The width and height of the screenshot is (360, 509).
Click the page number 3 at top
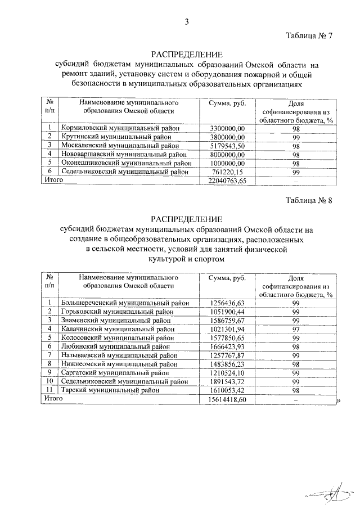point(186,22)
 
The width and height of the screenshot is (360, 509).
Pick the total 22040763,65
point(227,181)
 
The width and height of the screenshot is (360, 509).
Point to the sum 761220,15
point(227,172)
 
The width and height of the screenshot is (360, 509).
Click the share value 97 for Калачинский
point(295,329)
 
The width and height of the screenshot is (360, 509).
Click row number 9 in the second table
point(50,372)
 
